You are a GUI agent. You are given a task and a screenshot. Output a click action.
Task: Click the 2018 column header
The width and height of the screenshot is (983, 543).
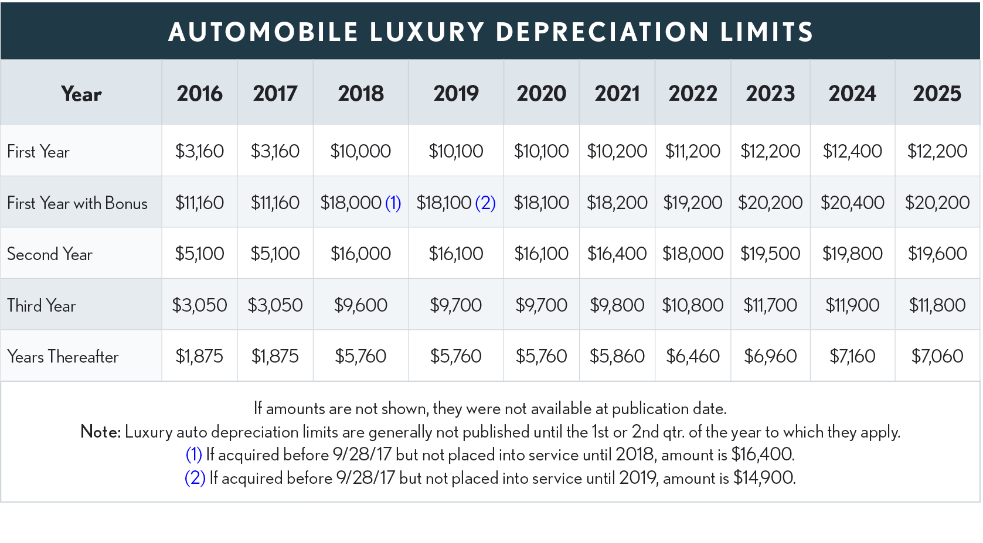pos(360,94)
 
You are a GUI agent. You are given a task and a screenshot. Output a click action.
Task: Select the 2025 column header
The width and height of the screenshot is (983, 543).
pos(937,94)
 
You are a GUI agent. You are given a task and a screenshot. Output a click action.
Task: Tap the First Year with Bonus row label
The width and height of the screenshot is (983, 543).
pos(77,203)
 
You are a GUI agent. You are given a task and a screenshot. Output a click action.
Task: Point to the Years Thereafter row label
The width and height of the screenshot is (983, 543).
pos(63,357)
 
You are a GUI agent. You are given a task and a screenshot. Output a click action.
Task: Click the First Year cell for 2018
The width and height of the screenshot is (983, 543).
pos(360,151)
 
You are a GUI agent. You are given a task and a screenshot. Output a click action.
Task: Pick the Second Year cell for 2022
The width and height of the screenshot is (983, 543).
pos(692,254)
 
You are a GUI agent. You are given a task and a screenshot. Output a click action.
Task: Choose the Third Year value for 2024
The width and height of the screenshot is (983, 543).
pos(852,305)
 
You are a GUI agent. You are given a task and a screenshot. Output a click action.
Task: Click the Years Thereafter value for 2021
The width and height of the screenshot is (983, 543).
pos(617,356)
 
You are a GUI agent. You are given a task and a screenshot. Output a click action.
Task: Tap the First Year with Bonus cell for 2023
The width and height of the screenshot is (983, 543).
pos(770,203)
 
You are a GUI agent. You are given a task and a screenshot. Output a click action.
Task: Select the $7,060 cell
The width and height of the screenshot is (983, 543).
pos(937,356)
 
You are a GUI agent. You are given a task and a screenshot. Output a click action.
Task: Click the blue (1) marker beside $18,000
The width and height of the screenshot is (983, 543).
pos(393,203)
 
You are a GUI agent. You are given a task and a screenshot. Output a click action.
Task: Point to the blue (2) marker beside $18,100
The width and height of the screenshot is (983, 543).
pos(485,203)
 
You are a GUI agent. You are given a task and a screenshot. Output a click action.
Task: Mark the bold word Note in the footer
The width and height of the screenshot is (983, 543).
pos(100,432)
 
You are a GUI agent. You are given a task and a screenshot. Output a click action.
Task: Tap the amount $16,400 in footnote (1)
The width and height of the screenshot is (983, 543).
pos(763,455)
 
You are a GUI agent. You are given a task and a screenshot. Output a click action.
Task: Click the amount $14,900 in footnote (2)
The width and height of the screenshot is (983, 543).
pos(764,478)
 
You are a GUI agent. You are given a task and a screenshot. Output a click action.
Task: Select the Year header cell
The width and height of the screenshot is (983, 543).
pos(81,94)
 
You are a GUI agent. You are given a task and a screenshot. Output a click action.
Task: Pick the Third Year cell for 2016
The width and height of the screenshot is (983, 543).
pos(199,305)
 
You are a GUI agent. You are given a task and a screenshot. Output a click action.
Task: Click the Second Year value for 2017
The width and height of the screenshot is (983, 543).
pos(275,254)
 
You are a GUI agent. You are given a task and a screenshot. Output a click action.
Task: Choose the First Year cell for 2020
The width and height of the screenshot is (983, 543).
pos(541,151)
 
